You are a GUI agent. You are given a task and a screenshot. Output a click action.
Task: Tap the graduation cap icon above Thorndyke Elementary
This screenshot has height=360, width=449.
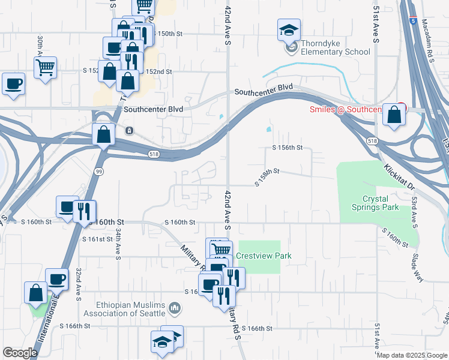tap(289, 29)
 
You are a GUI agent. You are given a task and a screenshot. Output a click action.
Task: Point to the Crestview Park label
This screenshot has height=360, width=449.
tap(264, 256)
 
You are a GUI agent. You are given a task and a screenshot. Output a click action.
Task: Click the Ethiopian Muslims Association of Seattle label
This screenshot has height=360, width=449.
tap(124, 309)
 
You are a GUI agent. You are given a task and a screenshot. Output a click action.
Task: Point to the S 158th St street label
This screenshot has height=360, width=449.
tap(267, 176)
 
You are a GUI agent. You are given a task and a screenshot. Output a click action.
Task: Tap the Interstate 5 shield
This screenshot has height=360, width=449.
tap(414, 20)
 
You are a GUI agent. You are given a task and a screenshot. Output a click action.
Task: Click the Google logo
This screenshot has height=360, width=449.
tap(20, 353)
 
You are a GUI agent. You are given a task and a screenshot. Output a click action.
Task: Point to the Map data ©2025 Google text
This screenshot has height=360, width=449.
tap(412, 355)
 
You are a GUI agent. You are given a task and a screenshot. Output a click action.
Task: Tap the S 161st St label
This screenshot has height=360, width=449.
tap(97, 239)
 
